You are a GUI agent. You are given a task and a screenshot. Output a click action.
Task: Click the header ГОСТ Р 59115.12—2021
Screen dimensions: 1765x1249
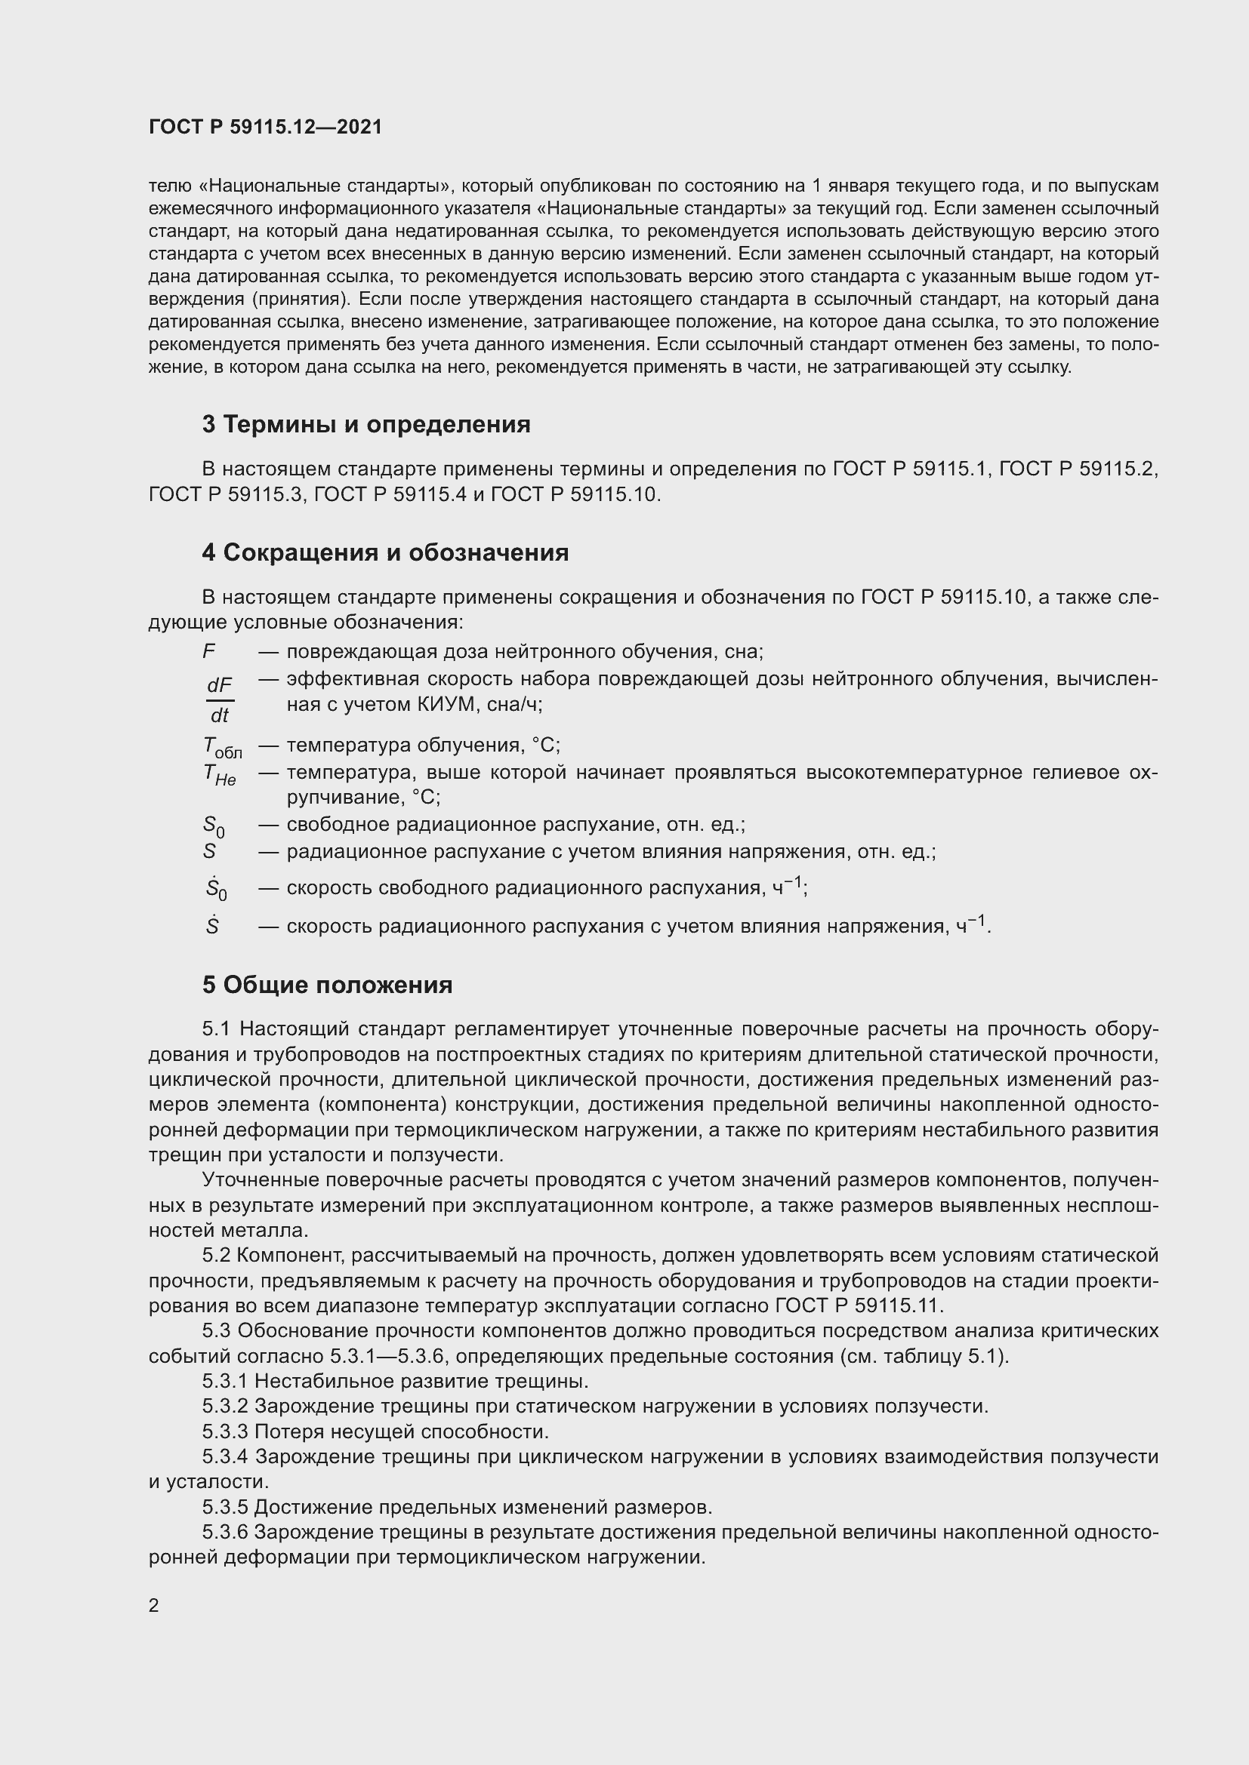click(x=265, y=127)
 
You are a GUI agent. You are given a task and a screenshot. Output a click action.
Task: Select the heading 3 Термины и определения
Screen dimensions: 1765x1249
click(x=366, y=424)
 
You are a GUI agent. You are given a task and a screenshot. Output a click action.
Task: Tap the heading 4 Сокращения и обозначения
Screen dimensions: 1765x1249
click(x=385, y=552)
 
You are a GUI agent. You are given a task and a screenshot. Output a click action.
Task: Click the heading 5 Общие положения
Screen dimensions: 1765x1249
click(x=327, y=985)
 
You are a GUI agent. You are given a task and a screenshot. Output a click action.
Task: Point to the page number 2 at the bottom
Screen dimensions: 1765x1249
click(x=154, y=1605)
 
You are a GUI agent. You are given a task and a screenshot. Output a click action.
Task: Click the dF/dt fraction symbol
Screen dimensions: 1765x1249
click(x=219, y=700)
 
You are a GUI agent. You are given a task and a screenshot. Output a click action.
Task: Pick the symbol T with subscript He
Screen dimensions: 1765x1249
click(x=219, y=775)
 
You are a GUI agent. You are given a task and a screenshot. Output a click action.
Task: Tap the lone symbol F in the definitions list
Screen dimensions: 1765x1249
click(x=208, y=652)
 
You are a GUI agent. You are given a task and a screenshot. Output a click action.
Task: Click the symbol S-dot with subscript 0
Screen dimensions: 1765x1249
click(x=215, y=889)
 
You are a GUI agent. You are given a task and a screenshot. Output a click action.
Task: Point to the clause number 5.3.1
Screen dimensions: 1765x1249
click(x=225, y=1382)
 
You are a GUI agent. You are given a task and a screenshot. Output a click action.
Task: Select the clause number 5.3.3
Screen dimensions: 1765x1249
click(x=225, y=1432)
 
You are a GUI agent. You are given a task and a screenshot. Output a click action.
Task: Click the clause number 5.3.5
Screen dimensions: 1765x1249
click(x=225, y=1508)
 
